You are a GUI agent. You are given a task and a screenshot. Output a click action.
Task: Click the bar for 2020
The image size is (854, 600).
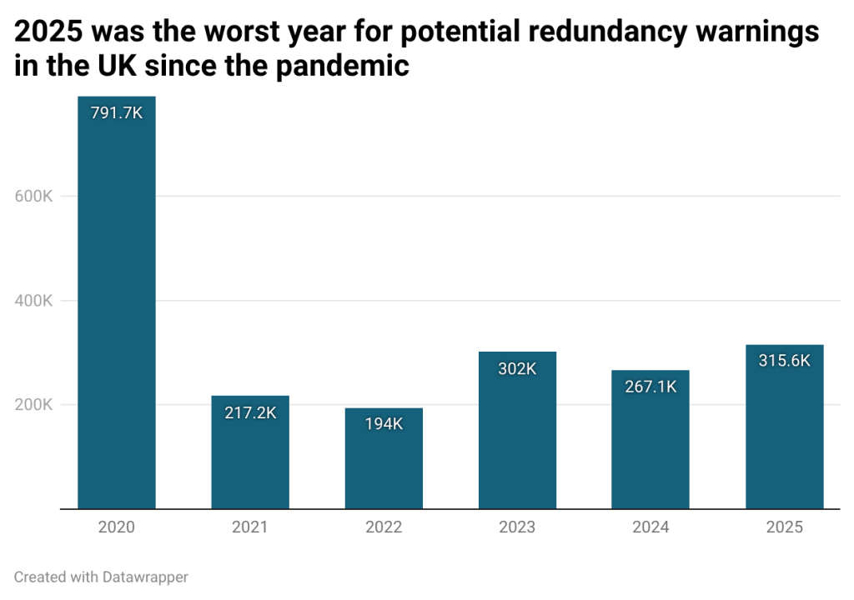pos(117,317)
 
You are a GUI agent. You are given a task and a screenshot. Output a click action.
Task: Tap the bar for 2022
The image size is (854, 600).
pos(384,467)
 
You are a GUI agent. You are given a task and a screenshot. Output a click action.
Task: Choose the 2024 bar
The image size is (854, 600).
pos(651,450)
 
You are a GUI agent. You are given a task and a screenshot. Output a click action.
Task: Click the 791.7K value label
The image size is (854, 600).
pos(117,113)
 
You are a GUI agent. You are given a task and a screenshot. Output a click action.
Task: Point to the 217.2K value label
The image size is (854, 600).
pos(250,412)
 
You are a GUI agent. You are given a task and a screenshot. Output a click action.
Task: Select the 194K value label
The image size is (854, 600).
pos(384,424)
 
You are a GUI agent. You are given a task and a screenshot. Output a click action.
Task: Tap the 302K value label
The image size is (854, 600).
pos(517,368)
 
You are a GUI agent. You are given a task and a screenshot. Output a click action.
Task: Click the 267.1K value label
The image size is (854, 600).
pos(651,387)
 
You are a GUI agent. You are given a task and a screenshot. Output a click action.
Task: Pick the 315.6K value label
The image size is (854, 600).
pos(784,361)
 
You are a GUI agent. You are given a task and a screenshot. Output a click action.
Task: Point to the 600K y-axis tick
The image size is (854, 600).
pos(34,197)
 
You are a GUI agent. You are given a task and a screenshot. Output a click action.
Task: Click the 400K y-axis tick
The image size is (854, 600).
pos(34,301)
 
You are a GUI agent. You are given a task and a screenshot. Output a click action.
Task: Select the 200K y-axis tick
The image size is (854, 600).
pos(34,405)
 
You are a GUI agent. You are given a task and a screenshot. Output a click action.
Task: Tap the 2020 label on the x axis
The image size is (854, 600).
pos(117,527)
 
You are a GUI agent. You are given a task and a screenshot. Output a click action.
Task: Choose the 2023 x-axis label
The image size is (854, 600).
pos(517,527)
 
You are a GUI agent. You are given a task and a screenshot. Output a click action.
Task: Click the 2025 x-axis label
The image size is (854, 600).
pos(784,527)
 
